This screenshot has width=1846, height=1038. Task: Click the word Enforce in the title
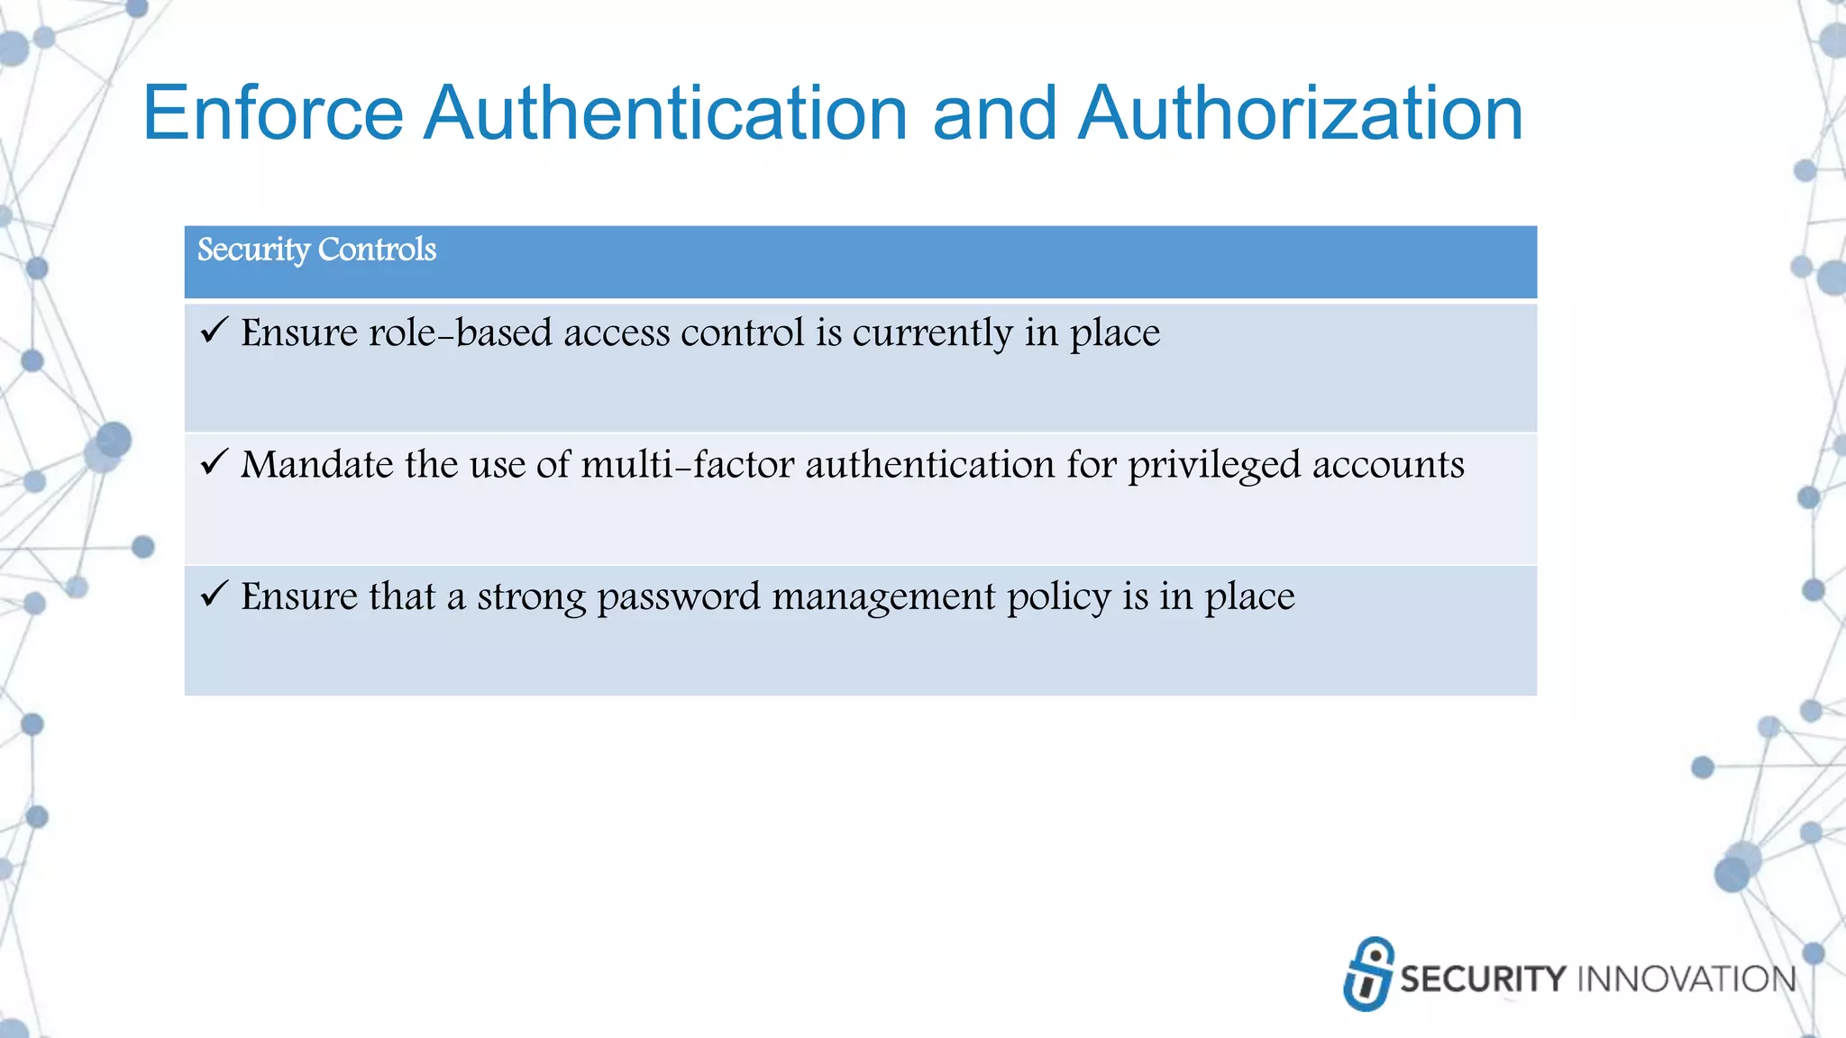pyautogui.click(x=272, y=114)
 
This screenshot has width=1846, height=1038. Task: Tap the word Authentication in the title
pyautogui.click(x=665, y=114)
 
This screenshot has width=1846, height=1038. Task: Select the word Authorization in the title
pyautogui.click(x=1300, y=114)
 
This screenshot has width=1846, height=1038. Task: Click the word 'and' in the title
pyautogui.click(x=993, y=114)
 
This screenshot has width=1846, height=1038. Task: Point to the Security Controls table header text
pyautogui.click(x=316, y=250)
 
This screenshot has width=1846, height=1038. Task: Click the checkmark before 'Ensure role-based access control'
pyautogui.click(x=215, y=331)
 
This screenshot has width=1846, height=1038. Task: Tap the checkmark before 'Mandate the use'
pyautogui.click(x=215, y=462)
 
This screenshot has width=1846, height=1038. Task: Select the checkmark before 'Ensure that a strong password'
pyautogui.click(x=215, y=594)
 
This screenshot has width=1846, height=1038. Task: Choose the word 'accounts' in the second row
pyautogui.click(x=1388, y=465)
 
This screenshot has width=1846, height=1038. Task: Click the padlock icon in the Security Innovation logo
pyautogui.click(x=1367, y=975)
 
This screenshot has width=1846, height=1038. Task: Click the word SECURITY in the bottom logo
pyautogui.click(x=1483, y=979)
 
